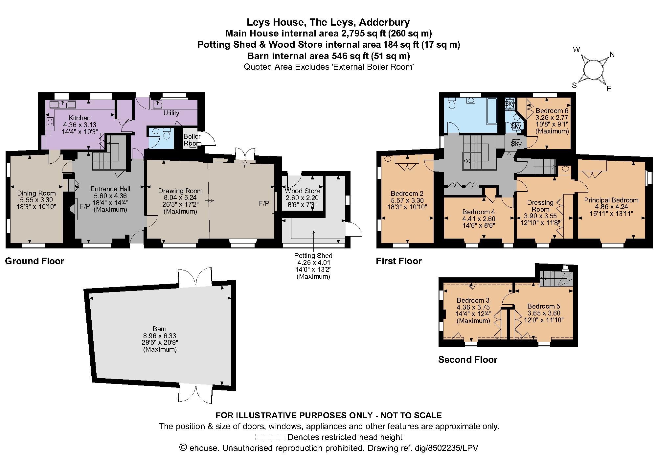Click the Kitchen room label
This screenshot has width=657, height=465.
pos(79,118)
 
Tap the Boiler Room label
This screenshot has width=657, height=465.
pos(192,140)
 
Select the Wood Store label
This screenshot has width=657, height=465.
pos(302,191)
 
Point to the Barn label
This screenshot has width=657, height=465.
pos(160,329)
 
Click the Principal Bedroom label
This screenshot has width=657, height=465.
pos(611,200)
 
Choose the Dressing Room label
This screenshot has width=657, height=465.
pos(540,206)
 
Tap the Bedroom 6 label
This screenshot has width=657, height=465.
pos(552,111)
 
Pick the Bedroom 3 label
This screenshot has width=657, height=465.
pos(473,300)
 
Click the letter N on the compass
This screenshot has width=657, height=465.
pos(612,55)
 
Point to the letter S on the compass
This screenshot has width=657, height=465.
pos(574,85)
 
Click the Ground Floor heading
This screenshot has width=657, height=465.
pos(34,261)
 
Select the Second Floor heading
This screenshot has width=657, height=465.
pos(468,360)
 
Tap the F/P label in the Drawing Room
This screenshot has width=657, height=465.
pos(264,203)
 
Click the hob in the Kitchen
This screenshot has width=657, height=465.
pos(51,122)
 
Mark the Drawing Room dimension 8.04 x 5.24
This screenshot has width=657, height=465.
pos(180,198)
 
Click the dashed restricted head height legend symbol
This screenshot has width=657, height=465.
pos(270,437)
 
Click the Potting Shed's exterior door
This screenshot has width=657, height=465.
pos(353,229)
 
